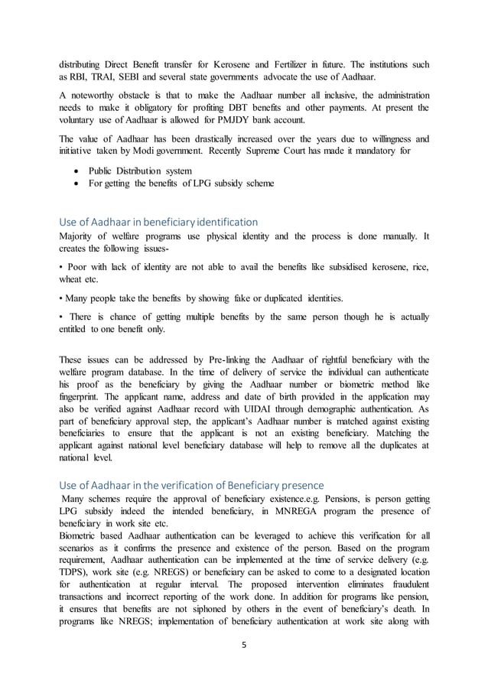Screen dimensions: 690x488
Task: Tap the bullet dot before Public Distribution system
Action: (76, 170)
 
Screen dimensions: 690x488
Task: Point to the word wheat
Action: (74, 280)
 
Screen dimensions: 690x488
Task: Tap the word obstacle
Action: (138, 93)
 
